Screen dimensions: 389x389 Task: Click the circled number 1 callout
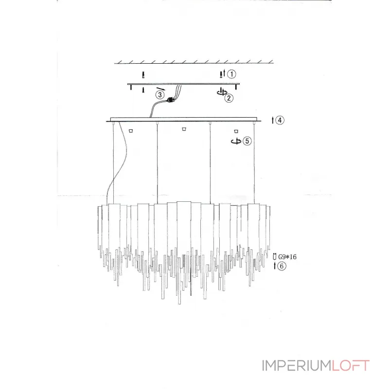(231, 74)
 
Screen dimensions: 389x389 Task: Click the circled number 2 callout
(229, 98)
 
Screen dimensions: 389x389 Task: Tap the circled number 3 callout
(160, 95)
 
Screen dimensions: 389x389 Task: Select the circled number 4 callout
(280, 120)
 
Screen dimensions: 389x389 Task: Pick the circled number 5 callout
(247, 141)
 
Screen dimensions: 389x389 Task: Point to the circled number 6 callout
(282, 266)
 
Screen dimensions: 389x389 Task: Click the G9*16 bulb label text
(287, 257)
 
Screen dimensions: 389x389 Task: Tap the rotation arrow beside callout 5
(236, 141)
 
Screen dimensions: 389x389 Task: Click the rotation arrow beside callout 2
(222, 92)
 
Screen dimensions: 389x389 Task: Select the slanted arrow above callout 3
(160, 89)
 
